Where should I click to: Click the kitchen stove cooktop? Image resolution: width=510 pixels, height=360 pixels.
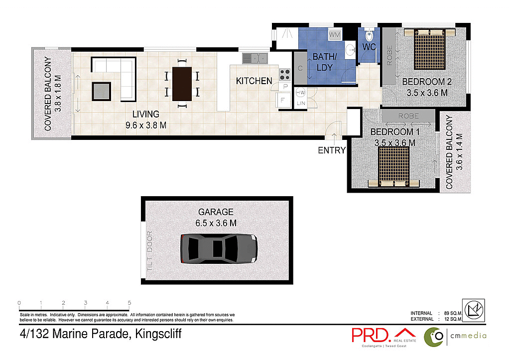pos(285,75)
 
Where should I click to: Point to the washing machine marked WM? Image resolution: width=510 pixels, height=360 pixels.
pos(334,35)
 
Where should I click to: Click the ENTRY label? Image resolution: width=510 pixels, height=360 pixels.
pos(331,150)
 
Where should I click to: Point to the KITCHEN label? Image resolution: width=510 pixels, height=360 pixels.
pos(254,81)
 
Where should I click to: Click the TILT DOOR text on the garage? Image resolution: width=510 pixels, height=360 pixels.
pos(149,251)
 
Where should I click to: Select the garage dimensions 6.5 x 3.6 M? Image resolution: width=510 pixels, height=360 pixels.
pos(215,224)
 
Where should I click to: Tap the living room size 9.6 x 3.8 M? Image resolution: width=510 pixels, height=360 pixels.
pos(146,125)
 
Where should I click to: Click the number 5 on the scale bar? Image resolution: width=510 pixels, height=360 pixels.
pos(129,303)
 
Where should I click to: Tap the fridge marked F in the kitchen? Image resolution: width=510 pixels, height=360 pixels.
pos(283,99)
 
